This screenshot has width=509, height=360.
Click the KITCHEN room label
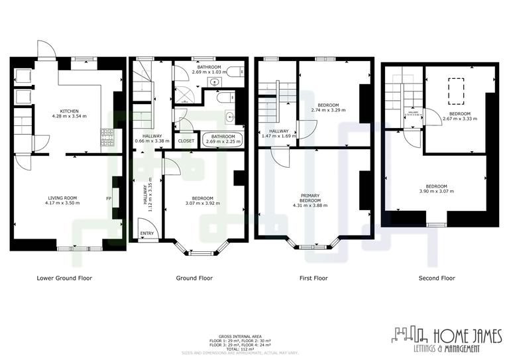[70, 111]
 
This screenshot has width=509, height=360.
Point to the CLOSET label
[186, 141]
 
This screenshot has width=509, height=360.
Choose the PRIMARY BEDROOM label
[310, 198]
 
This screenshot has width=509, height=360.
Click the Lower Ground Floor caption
[64, 278]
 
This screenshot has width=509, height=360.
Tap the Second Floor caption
[437, 278]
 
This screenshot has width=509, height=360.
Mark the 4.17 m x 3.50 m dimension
[63, 202]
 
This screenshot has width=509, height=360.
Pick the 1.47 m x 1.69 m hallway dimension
[276, 136]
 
